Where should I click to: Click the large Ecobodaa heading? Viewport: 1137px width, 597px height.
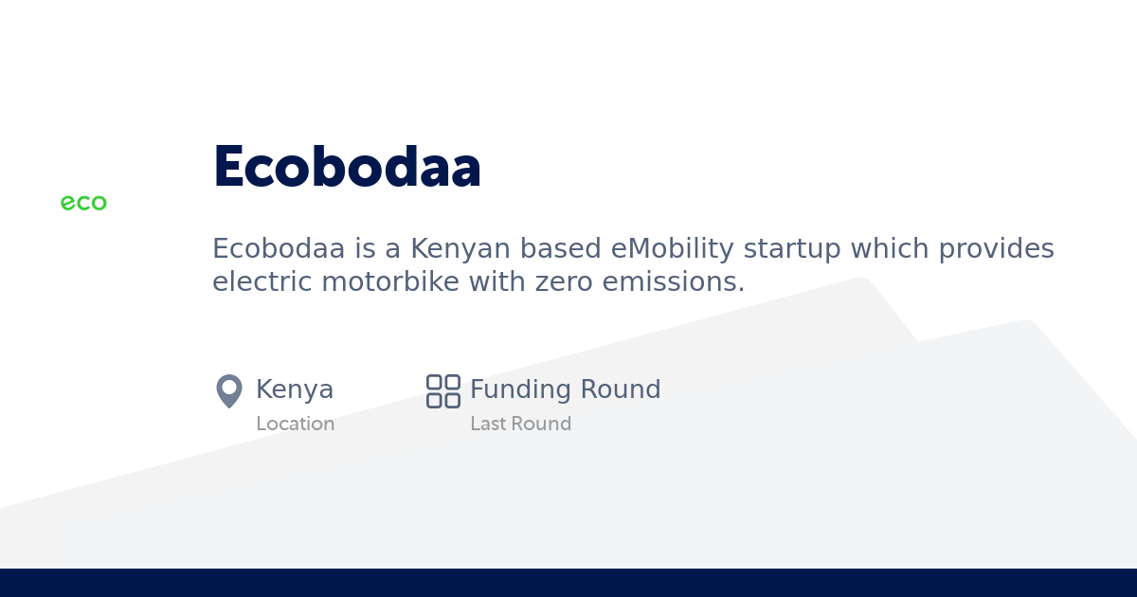click(x=347, y=168)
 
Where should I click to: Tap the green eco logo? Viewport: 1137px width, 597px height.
click(x=83, y=203)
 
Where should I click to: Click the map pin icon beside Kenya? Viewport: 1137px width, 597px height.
click(x=229, y=390)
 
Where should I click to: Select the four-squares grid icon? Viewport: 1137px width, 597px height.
click(x=442, y=390)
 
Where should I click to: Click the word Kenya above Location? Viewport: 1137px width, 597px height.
click(x=295, y=389)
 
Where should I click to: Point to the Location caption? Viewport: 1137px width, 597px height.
click(x=295, y=424)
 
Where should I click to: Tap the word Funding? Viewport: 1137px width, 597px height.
click(x=520, y=389)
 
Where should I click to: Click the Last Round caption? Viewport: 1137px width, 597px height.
click(x=520, y=424)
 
